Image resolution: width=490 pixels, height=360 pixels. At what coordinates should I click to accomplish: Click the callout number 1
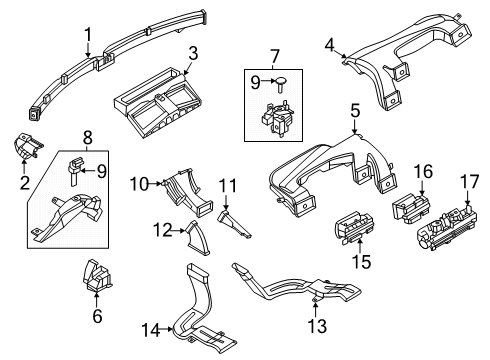pos(88,34)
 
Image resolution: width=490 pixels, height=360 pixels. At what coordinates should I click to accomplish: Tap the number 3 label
pos(193,53)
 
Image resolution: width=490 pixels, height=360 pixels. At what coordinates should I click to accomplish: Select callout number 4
pos(329,45)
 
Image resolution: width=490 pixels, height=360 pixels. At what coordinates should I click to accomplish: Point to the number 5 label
pos(355,111)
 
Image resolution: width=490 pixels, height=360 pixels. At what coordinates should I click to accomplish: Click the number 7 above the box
pos(274,56)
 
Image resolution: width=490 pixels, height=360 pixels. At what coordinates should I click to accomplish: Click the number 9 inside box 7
pos(255,82)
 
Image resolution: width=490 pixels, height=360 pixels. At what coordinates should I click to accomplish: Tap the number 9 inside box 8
pos(102,171)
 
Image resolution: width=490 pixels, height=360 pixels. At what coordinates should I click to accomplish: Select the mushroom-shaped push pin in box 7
pos(281,83)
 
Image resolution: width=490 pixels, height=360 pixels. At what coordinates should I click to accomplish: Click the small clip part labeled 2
pos(26,146)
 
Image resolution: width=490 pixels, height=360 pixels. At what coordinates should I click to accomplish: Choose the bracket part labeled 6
pos(96,276)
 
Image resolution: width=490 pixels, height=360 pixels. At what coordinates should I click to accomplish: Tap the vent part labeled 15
pos(354,228)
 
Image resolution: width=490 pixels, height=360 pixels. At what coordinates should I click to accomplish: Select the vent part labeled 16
pos(411,207)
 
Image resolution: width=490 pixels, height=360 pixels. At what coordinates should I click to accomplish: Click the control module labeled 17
pos(446,228)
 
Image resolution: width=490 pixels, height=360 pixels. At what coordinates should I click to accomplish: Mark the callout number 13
pos(317,325)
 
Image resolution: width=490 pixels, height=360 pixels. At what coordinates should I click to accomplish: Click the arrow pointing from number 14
pos(166,330)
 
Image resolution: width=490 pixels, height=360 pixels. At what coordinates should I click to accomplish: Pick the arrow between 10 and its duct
pos(155,183)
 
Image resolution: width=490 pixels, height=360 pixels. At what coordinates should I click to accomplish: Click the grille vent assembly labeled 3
pos(157,103)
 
